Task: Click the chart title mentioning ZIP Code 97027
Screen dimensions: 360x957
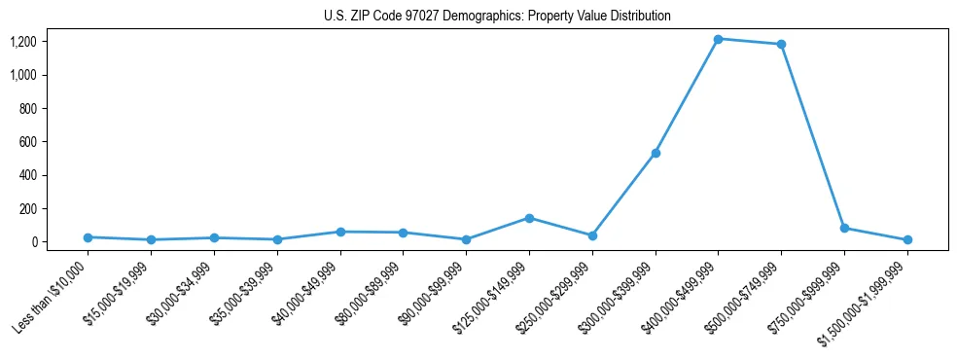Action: click(497, 17)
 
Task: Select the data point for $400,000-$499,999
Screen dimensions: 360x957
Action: click(718, 39)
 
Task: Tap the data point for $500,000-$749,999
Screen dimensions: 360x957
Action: click(781, 44)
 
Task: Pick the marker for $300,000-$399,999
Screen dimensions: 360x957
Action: click(656, 153)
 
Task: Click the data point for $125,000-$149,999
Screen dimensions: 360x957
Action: click(529, 218)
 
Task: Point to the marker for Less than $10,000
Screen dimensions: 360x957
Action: click(89, 237)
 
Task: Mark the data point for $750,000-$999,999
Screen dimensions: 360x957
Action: click(844, 228)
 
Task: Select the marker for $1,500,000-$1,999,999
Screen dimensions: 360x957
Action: click(907, 239)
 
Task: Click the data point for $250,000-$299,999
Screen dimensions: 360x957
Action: click(592, 235)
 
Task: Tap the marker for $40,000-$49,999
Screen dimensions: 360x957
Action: click(340, 232)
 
